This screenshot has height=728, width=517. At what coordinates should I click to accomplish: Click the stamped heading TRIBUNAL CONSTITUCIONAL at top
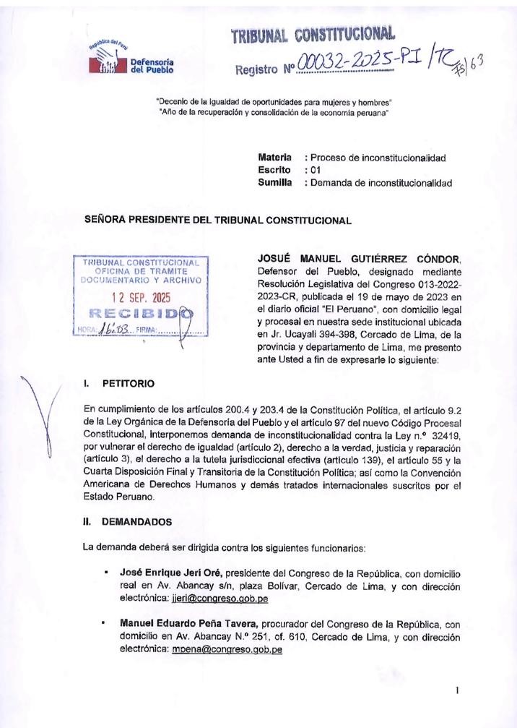[x=313, y=34]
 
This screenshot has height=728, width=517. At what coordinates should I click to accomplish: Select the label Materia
[x=274, y=157]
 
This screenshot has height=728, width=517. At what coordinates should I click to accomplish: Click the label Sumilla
[x=274, y=183]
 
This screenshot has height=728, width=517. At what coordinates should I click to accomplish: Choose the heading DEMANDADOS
[x=137, y=520]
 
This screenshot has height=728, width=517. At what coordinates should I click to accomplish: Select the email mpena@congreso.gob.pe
[x=227, y=649]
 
